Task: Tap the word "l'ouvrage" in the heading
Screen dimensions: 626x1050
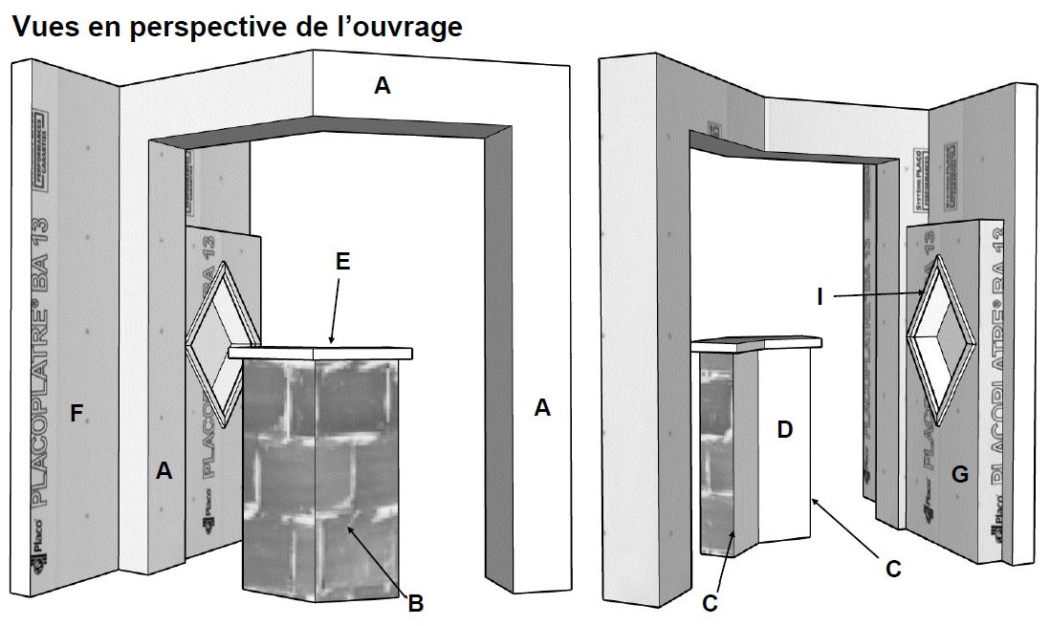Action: coord(399,27)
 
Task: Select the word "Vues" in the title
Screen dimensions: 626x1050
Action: coord(44,27)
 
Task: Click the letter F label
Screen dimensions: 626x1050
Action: coord(77,414)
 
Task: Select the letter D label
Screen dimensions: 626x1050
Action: coord(784,430)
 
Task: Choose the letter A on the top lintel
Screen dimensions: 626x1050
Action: coord(382,87)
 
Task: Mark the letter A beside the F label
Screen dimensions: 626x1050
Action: coord(164,469)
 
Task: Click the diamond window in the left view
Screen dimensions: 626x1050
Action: coord(223,342)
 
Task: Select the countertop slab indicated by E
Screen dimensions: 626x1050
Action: coord(325,352)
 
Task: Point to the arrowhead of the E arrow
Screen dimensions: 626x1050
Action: coord(330,341)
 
